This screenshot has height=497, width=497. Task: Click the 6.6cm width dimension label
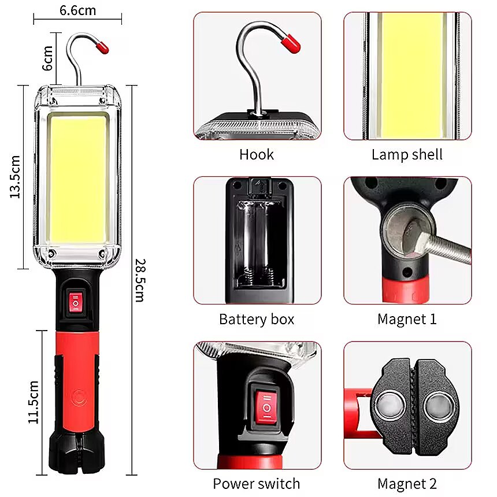point(77,10)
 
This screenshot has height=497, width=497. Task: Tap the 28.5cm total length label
point(140,280)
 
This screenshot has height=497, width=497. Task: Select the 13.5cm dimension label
point(15,177)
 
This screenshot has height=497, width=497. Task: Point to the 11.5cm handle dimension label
point(34,402)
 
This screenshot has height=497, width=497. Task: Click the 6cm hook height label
point(47,58)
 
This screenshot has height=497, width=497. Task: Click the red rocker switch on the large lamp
point(76,302)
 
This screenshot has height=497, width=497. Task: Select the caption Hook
point(257,155)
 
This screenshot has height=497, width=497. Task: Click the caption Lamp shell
point(407,155)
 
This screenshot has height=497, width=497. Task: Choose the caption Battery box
point(257,319)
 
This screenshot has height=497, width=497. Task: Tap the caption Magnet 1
point(407,319)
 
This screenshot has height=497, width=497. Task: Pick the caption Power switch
point(257,484)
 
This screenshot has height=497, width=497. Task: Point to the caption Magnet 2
point(407,484)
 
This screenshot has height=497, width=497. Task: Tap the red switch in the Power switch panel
point(266,407)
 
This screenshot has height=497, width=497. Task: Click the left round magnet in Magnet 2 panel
point(390,406)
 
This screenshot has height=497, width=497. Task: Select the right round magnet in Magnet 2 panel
point(439,406)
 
